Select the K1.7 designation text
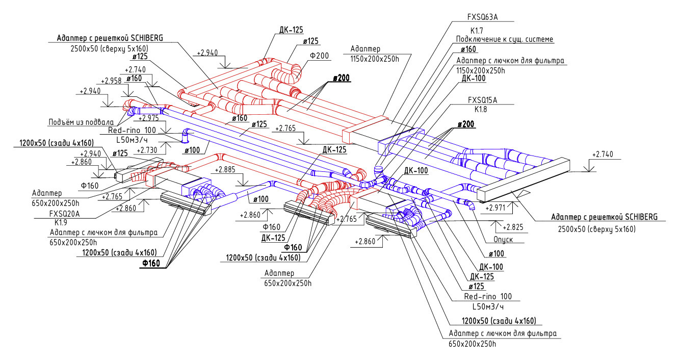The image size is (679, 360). click(477, 31)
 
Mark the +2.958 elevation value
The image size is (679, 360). click(111, 81)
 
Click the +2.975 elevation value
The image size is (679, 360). click(148, 118)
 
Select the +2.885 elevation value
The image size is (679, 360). click(226, 170)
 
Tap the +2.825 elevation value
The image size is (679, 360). click(513, 227)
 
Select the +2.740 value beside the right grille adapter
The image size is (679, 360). click(604, 154)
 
